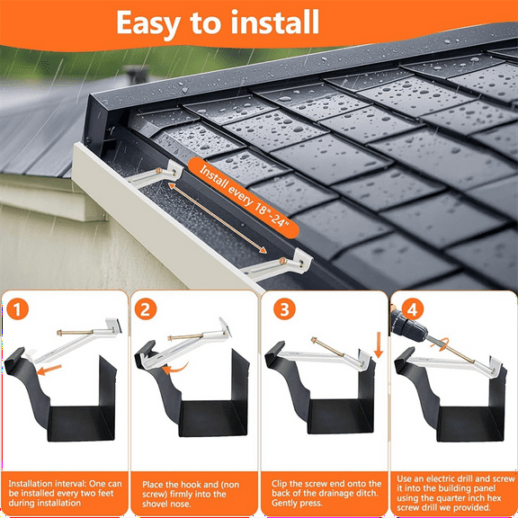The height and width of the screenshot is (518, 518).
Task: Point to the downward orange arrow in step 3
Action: [377, 346]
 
